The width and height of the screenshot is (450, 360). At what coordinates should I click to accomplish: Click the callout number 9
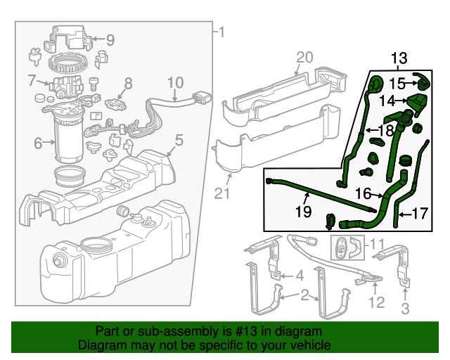pyautogui.click(x=110, y=40)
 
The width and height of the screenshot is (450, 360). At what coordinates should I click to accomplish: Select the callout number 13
pyautogui.click(x=399, y=58)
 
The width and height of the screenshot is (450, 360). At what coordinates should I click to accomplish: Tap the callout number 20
pyautogui.click(x=303, y=57)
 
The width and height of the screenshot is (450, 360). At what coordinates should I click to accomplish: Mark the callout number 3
pyautogui.click(x=405, y=309)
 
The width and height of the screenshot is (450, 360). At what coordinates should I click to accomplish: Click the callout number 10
pyautogui.click(x=175, y=82)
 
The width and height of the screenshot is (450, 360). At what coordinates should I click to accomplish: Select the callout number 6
pyautogui.click(x=39, y=143)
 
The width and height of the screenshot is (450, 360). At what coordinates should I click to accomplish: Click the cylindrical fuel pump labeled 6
pyautogui.click(x=69, y=144)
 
